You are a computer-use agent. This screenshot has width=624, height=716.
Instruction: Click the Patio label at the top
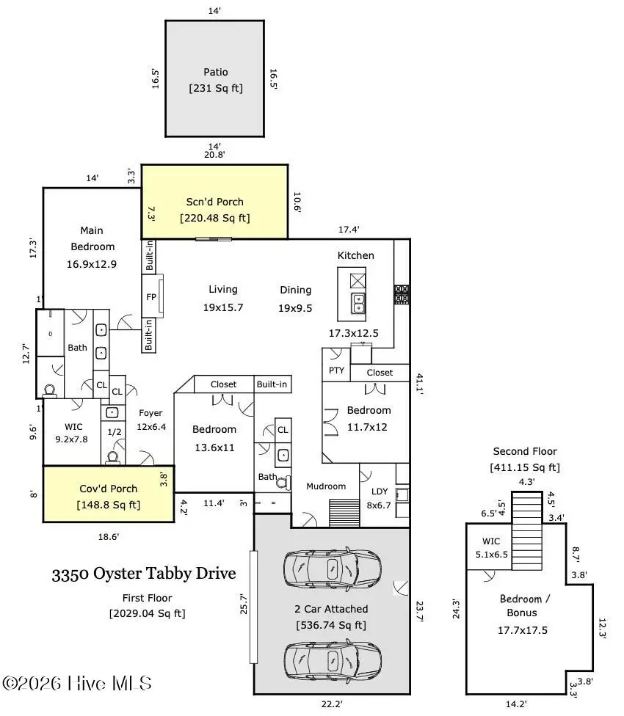[x=215, y=72]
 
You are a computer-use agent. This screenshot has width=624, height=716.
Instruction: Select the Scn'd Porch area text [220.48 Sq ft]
[x=214, y=218]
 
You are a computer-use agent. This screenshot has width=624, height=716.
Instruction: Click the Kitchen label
[x=355, y=255]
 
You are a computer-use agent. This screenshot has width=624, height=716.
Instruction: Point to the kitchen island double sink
[x=358, y=302]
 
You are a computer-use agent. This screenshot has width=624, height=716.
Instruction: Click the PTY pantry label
[x=336, y=370]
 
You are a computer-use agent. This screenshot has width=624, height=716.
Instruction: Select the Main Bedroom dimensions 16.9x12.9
[x=92, y=264]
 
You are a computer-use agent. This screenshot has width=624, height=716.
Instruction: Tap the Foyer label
[x=150, y=413]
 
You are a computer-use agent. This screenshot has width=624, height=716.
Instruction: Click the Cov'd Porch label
[x=109, y=489]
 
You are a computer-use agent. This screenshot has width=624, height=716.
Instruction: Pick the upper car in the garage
[x=332, y=567]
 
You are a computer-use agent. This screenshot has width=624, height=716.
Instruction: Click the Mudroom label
[x=326, y=486]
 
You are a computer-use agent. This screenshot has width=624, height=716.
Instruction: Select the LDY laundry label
[x=380, y=491]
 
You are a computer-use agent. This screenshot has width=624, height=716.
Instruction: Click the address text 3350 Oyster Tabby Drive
[x=144, y=573]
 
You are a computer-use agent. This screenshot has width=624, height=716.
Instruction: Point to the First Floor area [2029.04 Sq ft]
[x=147, y=613]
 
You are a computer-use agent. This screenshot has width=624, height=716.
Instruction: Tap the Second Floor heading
[x=524, y=451]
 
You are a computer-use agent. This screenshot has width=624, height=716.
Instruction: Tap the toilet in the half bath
[x=113, y=457]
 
